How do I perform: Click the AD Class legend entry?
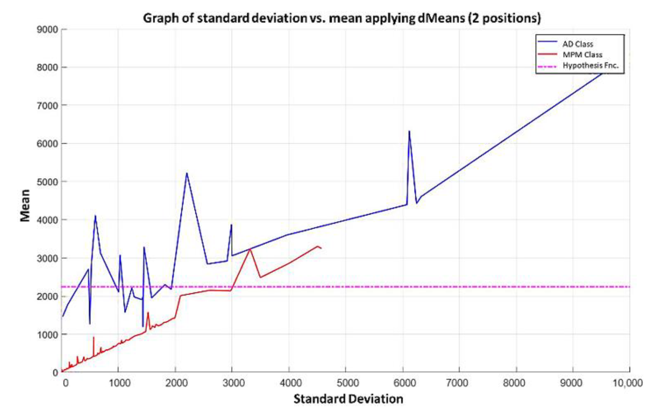click(577, 44)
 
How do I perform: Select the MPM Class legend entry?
click(582, 55)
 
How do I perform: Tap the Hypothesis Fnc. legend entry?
click(590, 66)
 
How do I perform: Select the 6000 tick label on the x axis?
click(405, 383)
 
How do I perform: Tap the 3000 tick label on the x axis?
click(233, 383)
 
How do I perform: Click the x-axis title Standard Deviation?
click(348, 399)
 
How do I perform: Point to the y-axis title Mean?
click(25, 205)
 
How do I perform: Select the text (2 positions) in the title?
click(505, 18)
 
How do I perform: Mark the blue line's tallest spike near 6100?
click(409, 131)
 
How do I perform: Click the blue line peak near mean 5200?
click(187, 173)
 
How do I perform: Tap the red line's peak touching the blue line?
click(250, 249)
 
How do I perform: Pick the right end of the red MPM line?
click(321, 248)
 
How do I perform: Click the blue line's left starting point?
click(62, 317)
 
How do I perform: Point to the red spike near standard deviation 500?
click(93, 337)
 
